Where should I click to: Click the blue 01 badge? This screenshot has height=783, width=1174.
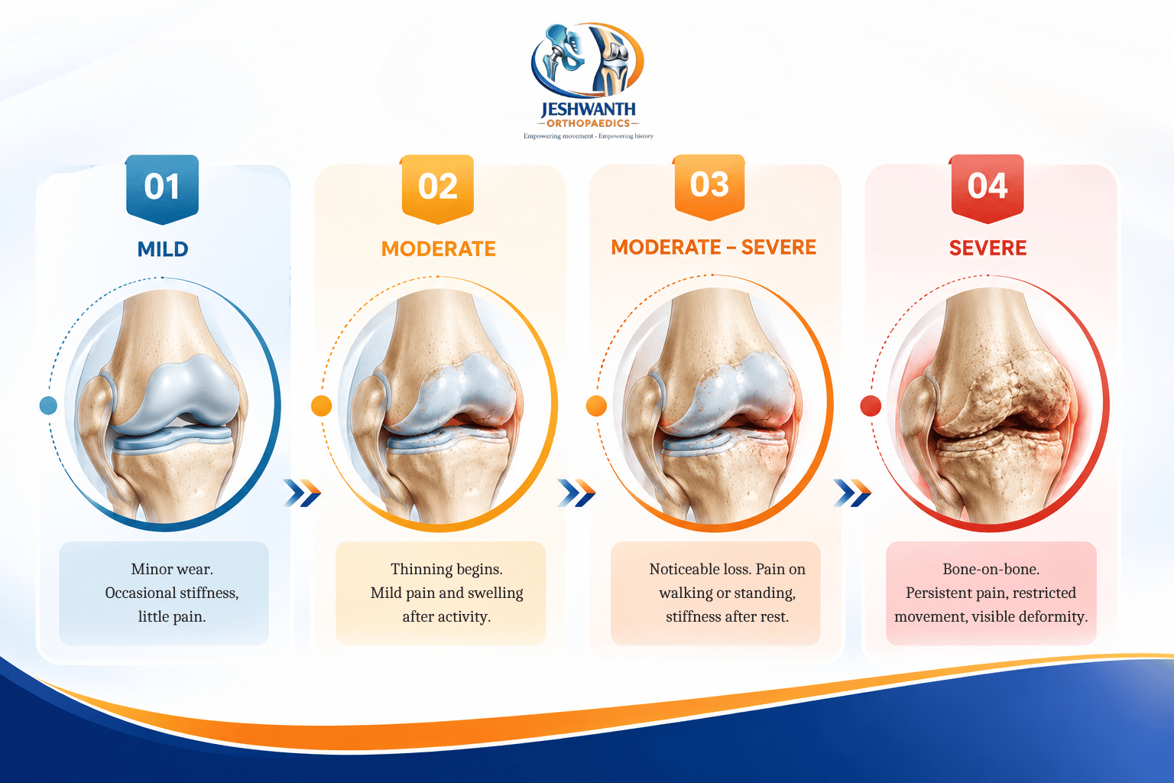[x=163, y=189]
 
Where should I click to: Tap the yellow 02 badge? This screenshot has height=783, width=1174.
[x=438, y=189]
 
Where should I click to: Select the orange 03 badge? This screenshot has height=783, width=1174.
[x=709, y=187]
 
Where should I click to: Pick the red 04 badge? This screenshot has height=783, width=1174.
[x=988, y=188]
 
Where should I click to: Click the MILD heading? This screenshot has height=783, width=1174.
[x=163, y=249]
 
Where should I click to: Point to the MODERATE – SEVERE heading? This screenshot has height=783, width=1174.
[x=713, y=247]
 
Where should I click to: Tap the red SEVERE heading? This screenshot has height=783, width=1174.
[x=988, y=248]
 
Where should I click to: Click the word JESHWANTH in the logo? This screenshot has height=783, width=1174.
[x=588, y=109]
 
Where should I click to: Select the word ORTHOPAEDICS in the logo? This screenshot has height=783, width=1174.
[x=588, y=123]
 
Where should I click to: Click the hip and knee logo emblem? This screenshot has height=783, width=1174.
[x=588, y=60]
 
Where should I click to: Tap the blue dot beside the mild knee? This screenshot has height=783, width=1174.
[x=48, y=405]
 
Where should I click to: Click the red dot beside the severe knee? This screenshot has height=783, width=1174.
[x=871, y=406]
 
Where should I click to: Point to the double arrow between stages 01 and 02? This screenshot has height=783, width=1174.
[x=303, y=493]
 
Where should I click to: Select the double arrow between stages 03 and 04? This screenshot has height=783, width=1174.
[x=852, y=493]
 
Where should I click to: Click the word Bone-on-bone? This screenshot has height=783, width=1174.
[x=991, y=569]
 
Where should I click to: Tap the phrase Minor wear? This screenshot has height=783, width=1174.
[x=172, y=569]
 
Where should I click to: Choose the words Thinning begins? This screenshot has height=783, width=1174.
[x=446, y=569]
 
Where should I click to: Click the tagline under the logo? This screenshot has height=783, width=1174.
[x=588, y=136]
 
